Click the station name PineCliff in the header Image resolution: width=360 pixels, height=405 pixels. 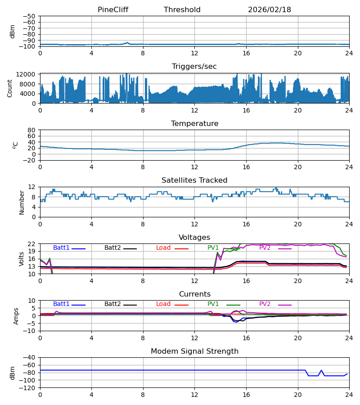(x=112, y=10)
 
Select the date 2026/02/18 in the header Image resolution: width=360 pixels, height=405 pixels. (x=269, y=10)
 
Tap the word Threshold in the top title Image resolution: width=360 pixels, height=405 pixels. (x=182, y=10)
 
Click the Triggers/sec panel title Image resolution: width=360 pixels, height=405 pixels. (x=194, y=67)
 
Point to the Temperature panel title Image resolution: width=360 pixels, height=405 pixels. (x=194, y=124)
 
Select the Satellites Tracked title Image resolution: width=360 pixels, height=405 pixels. (x=194, y=180)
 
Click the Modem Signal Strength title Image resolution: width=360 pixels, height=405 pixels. (x=194, y=351)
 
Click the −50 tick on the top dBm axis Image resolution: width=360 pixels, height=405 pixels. (x=30, y=16)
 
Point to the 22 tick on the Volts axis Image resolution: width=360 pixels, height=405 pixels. (x=32, y=244)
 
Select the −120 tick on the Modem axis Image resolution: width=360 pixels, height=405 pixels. (x=28, y=388)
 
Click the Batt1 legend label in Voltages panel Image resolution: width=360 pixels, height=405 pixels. (x=61, y=248)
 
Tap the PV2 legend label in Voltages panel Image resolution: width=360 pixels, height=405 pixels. (x=265, y=248)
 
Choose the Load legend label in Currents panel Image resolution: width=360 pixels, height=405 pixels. (x=163, y=304)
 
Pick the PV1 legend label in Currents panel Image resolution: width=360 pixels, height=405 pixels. (x=213, y=304)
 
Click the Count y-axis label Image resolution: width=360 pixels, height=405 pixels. (x=10, y=88)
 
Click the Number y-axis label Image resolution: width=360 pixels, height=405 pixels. (x=22, y=202)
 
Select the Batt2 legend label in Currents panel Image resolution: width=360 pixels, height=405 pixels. (x=112, y=304)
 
